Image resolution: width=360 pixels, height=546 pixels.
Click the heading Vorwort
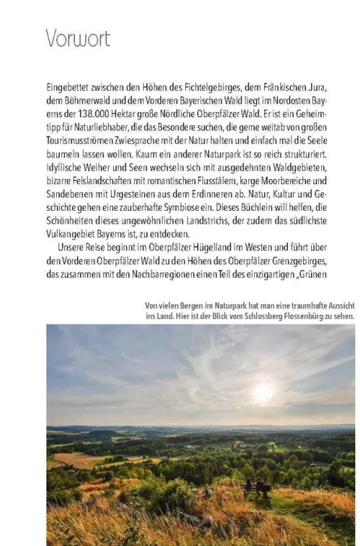[x=78, y=37]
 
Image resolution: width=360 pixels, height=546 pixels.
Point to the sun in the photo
[x=264, y=392]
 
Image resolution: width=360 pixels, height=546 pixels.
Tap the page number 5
[x=325, y=537]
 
